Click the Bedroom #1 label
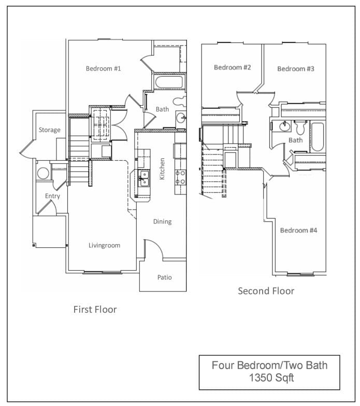pyautogui.click(x=103, y=68)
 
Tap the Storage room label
pyautogui.click(x=49, y=130)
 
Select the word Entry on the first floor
pyautogui.click(x=52, y=196)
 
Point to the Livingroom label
pyautogui.click(x=105, y=245)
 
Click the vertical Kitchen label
pyautogui.click(x=162, y=169)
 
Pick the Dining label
pyautogui.click(x=163, y=221)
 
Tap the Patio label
pyautogui.click(x=165, y=277)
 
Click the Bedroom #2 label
pyautogui.click(x=232, y=67)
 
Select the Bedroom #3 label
pyautogui.click(x=296, y=69)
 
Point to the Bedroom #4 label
pyautogui.click(x=298, y=230)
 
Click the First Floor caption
pyautogui.click(x=95, y=310)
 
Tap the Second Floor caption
pyautogui.click(x=266, y=291)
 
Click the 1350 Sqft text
pyautogui.click(x=271, y=378)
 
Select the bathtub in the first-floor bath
pyautogui.click(x=169, y=82)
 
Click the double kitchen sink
pyautogui.click(x=143, y=178)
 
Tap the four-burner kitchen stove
pyautogui.click(x=180, y=178)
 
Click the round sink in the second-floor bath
pyautogui.click(x=284, y=126)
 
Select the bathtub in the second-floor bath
pyautogui.click(x=318, y=137)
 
